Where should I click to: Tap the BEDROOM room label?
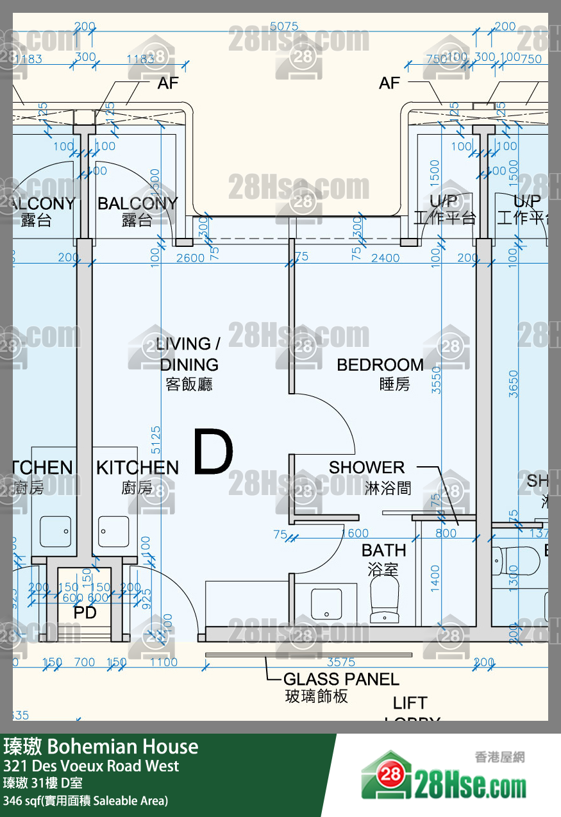point(380,365)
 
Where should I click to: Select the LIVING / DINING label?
point(189,354)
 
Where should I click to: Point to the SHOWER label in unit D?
point(367,467)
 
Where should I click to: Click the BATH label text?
point(384,550)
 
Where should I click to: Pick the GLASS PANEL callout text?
point(341,679)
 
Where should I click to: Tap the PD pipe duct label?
point(85,612)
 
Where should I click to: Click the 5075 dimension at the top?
point(284,27)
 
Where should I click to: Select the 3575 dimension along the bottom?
point(341,662)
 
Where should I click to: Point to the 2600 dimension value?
point(190,258)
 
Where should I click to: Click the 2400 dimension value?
point(385,258)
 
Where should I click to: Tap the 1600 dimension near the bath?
point(355,534)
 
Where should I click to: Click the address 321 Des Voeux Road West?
point(91,766)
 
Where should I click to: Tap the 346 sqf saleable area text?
point(85,800)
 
